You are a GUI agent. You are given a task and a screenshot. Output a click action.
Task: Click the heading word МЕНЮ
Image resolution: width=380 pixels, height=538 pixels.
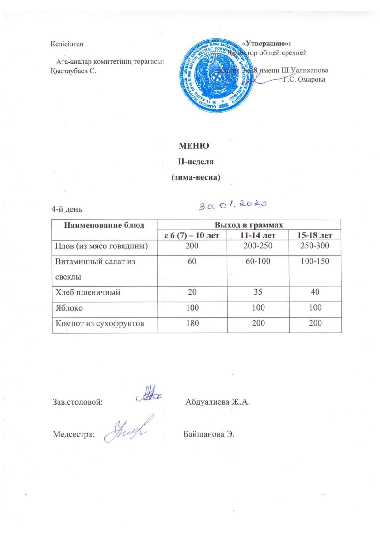coord(194,146)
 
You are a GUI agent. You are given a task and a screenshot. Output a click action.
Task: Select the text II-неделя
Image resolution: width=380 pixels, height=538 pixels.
coord(196,162)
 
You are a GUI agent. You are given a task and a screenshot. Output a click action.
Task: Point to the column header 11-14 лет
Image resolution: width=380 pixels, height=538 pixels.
coord(258,235)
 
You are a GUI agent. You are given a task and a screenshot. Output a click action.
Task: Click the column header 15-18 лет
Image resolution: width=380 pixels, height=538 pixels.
coord(315,235)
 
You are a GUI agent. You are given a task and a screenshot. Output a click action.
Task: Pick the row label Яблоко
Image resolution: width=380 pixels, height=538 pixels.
coord(69,307)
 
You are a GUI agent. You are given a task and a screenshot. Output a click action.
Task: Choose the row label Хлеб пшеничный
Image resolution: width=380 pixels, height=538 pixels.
coord(88,292)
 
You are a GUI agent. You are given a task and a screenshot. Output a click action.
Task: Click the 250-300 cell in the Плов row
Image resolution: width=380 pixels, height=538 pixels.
coord(315,246)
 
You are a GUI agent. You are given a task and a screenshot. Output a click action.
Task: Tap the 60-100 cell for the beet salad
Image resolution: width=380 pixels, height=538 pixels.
coord(258,261)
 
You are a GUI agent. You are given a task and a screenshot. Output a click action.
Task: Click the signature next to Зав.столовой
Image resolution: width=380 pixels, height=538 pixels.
coord(149,396)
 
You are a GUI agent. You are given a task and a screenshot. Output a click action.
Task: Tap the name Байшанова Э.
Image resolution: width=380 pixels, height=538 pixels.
coord(209,434)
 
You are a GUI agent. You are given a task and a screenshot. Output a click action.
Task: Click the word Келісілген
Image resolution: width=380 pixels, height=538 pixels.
coord(67,44)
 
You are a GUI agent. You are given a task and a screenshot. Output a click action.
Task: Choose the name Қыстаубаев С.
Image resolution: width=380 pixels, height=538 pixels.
coord(73,71)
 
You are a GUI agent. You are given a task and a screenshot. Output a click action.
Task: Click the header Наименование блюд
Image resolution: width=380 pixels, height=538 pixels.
coord(104,225)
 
